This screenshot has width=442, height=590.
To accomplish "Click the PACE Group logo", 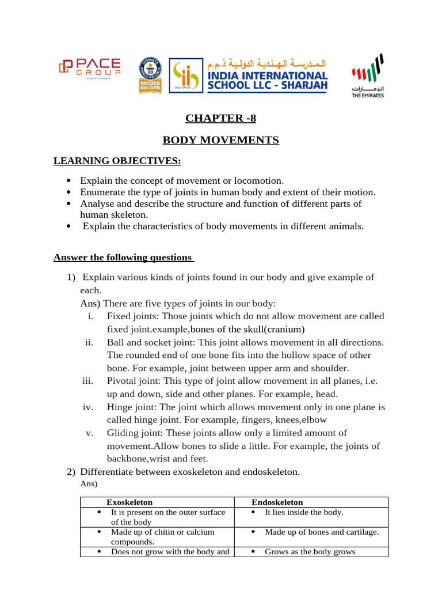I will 89,69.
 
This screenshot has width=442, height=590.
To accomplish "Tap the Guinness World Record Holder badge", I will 150,75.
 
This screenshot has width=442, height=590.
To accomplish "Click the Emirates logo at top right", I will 368,75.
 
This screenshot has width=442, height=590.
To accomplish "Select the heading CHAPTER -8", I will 220,119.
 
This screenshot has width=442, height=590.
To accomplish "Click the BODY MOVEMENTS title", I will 220,141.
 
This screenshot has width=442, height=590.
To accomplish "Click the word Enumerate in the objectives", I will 101,192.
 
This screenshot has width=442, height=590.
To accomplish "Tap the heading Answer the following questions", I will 124,257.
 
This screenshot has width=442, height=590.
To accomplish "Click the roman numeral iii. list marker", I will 88,381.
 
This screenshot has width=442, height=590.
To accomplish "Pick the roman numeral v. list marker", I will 90,433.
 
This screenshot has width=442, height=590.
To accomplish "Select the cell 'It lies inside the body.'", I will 304,512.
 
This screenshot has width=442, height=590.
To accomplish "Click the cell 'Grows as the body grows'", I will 310,551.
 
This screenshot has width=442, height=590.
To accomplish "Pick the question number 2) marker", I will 71,472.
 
